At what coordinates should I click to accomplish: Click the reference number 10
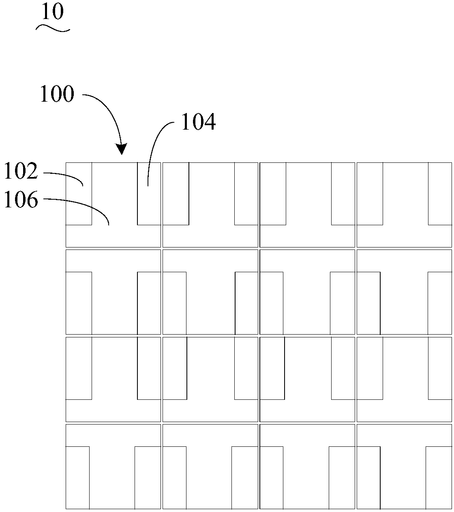[52, 12]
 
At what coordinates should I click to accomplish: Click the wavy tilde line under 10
[53, 28]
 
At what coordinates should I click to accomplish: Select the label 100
[57, 94]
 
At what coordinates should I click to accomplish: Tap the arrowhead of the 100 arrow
[121, 149]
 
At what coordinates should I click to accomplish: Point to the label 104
[199, 122]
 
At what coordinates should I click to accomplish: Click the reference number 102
[21, 171]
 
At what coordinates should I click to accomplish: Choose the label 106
[21, 200]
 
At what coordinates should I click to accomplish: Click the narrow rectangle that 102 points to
[79, 194]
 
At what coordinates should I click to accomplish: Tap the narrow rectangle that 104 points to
[149, 194]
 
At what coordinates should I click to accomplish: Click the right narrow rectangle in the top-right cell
[440, 194]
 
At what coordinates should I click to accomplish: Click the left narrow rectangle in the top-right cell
[370, 194]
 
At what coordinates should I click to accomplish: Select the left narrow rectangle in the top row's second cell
[176, 194]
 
